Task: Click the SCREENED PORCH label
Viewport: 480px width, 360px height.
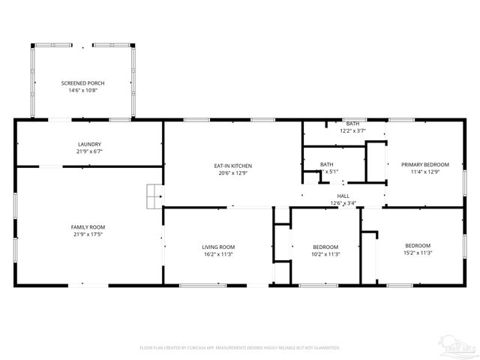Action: [82, 82]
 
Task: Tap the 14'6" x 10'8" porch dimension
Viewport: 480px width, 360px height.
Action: [82, 90]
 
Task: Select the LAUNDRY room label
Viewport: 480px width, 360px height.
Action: [89, 144]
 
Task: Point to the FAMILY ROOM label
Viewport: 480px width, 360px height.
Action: [88, 226]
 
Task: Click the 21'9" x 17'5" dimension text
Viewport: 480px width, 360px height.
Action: [88, 234]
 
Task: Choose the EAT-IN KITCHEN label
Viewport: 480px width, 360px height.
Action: [232, 166]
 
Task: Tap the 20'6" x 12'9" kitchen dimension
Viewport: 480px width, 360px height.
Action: [232, 173]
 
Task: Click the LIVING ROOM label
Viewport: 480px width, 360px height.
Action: [218, 247]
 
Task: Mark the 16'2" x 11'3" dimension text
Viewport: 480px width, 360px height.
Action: [218, 254]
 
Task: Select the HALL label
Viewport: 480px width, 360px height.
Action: [343, 196]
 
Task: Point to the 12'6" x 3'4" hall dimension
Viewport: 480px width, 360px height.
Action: [343, 203]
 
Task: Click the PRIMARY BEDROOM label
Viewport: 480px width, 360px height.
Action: [424, 164]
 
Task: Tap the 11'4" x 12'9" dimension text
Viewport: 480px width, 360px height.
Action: [424, 172]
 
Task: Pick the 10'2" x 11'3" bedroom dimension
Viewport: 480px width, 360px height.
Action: [325, 254]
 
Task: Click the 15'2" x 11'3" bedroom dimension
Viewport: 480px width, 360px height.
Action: [418, 253]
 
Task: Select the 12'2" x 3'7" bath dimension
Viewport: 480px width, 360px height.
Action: [352, 131]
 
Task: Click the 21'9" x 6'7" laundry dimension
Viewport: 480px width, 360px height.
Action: [89, 151]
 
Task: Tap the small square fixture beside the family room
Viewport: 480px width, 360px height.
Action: [154, 196]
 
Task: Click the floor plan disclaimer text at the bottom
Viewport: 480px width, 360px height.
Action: [240, 348]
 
